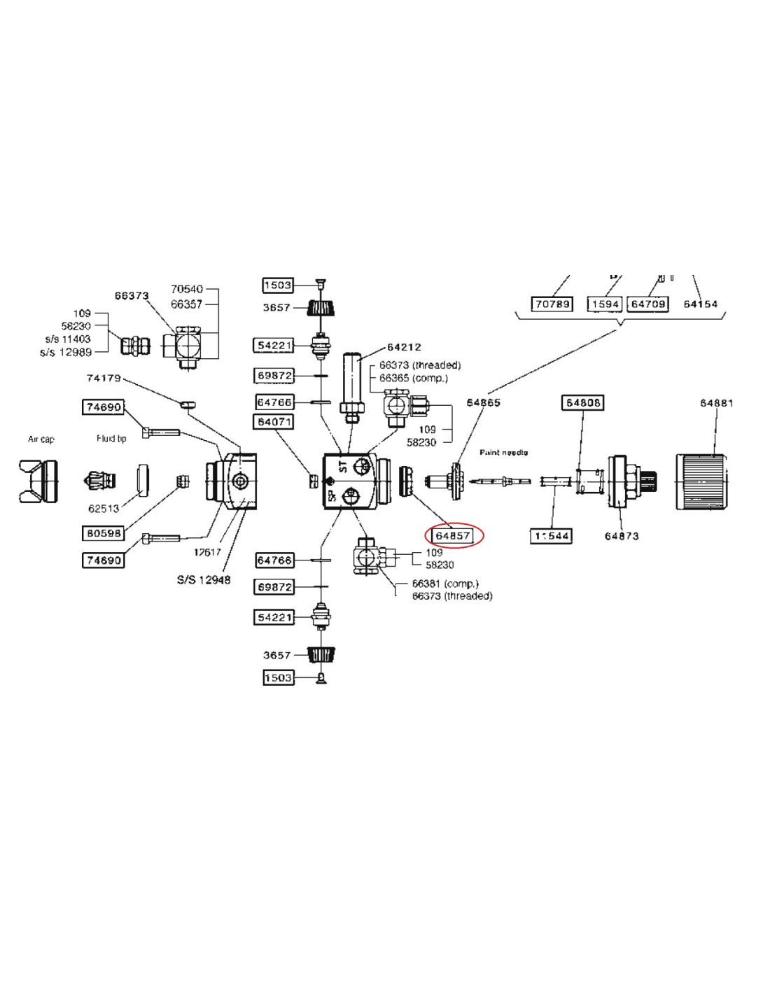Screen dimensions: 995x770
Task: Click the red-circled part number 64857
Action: point(453,536)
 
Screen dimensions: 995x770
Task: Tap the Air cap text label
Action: point(41,439)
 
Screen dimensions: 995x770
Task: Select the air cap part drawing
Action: point(38,481)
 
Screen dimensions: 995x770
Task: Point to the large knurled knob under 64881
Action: point(704,482)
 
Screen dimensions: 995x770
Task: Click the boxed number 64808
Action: point(582,403)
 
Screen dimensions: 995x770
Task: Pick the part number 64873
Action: point(622,536)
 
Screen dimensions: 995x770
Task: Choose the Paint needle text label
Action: point(503,453)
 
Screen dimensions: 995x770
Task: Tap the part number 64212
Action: point(404,347)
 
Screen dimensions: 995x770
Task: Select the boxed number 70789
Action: point(552,304)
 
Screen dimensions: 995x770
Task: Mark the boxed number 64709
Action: point(647,304)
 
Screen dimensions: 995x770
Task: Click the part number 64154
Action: point(700,304)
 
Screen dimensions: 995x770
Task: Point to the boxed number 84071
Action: point(274,422)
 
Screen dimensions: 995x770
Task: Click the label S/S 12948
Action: point(204,579)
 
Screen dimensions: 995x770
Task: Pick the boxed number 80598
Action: point(104,533)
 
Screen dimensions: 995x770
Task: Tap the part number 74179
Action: point(104,378)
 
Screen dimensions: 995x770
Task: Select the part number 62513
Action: point(104,509)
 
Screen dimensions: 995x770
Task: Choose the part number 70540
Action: point(187,289)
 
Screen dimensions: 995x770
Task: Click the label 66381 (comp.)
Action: point(445,584)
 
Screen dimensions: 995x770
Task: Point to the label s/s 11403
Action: point(68,339)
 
